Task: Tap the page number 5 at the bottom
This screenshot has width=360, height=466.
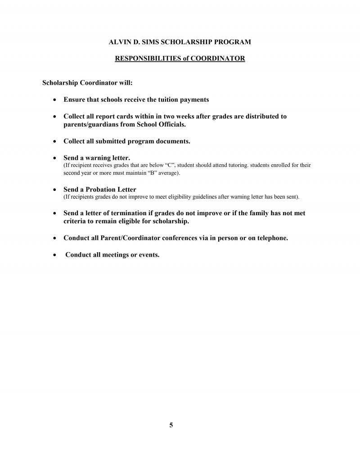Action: (171, 425)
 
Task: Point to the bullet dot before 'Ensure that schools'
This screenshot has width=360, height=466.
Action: (54, 100)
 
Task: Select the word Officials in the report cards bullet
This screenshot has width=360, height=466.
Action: (170, 124)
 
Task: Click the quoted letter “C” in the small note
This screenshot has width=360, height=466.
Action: (170, 165)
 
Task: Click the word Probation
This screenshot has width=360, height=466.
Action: (104, 190)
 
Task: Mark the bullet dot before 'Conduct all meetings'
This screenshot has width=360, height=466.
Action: (54, 255)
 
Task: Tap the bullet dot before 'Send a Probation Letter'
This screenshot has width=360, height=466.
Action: (54, 190)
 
